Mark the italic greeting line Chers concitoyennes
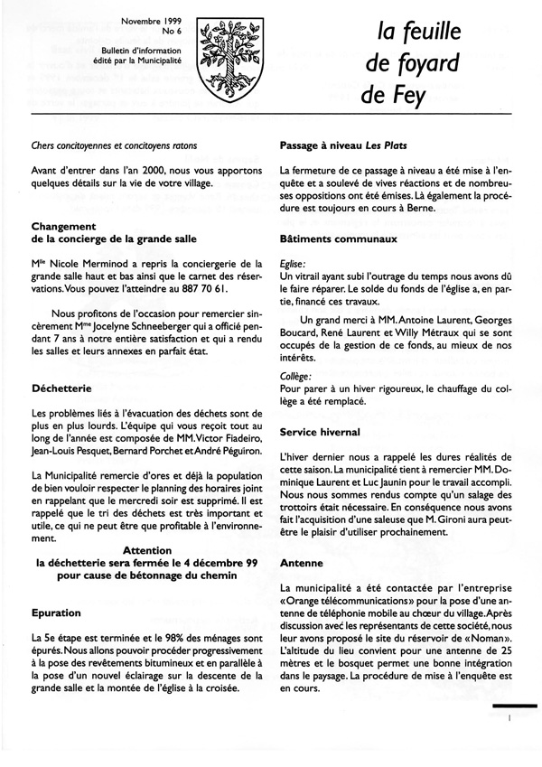pos(114,145)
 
